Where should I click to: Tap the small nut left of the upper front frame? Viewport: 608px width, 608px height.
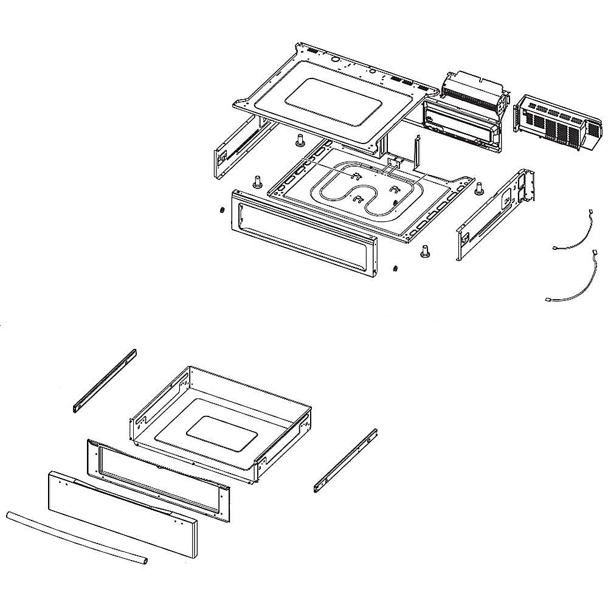click(x=223, y=210)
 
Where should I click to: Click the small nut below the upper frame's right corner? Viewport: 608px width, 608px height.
click(x=395, y=268)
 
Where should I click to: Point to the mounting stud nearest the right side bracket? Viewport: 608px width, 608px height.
click(x=478, y=188)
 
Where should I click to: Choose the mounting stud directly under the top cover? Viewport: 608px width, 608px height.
click(x=299, y=140)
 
